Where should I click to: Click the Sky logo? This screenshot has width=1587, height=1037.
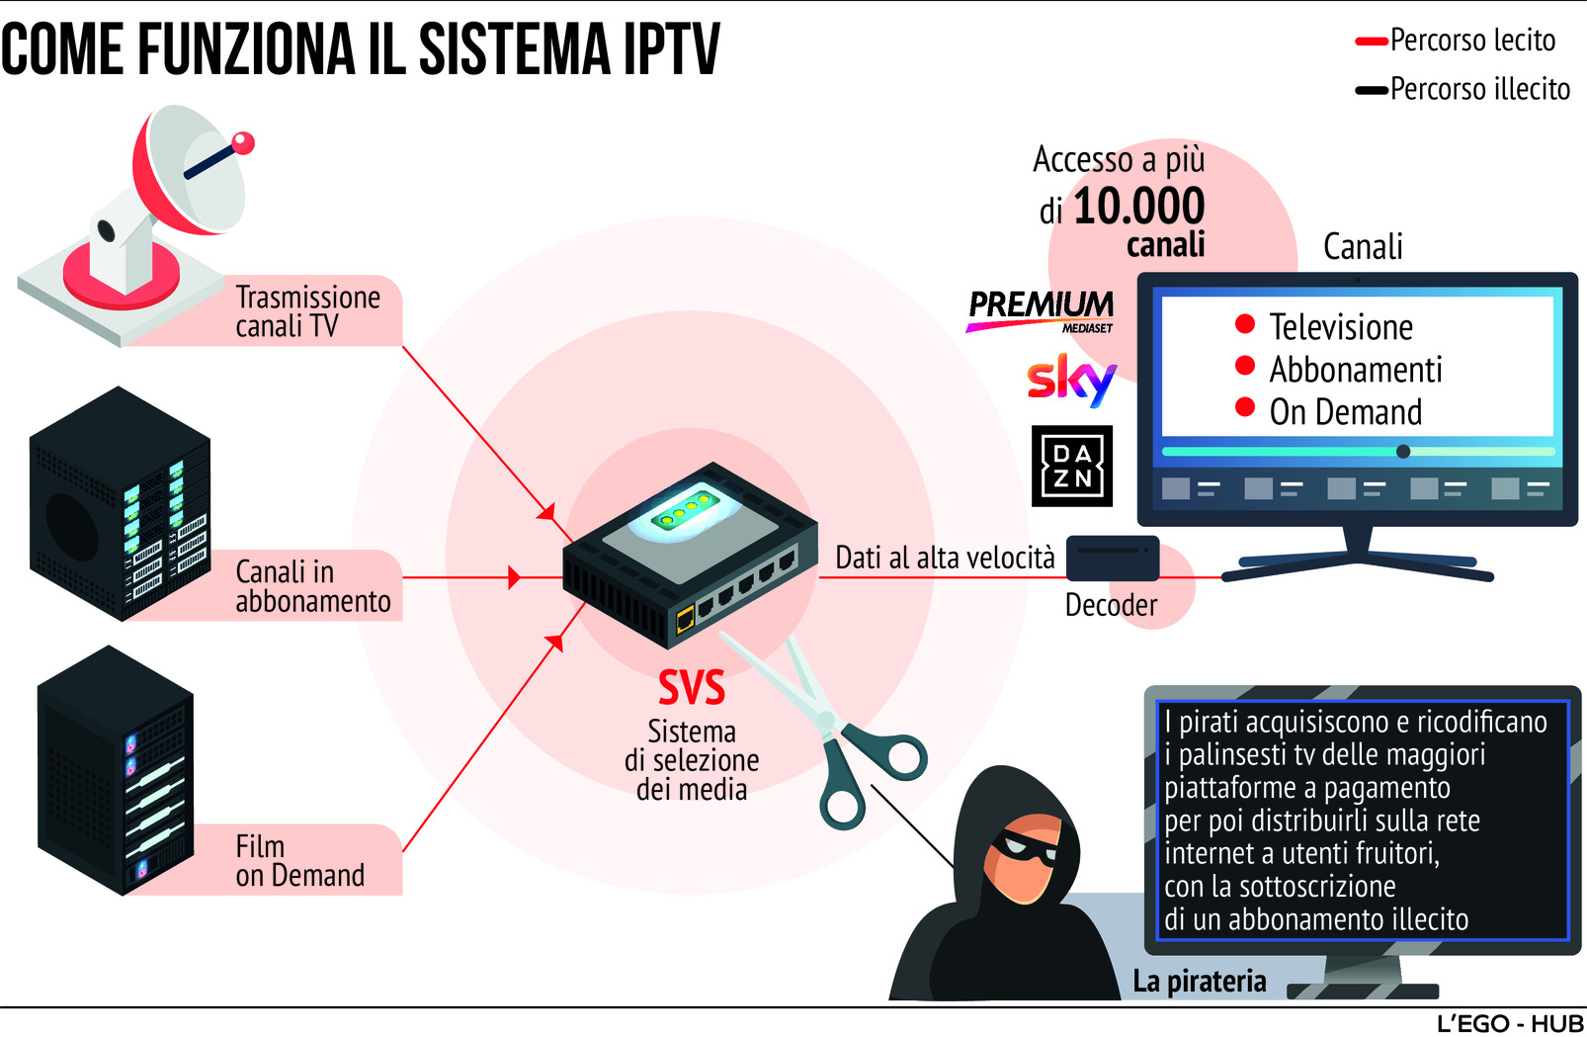tap(1071, 381)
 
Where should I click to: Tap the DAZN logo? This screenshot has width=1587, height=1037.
tap(1072, 467)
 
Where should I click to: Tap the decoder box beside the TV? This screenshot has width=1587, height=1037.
tap(1112, 559)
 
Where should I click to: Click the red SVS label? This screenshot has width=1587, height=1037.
tap(692, 688)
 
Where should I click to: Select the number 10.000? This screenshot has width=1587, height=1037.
tap(1138, 207)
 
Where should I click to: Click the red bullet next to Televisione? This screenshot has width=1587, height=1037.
tap(1245, 323)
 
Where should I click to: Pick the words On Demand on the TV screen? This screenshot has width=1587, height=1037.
tap(1345, 412)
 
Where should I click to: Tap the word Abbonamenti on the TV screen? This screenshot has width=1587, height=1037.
tap(1356, 370)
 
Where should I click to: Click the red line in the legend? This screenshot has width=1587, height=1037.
tap(1371, 42)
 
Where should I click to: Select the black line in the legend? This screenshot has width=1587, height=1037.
tap(1371, 90)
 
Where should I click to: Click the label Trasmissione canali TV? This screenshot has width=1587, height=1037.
tap(307, 311)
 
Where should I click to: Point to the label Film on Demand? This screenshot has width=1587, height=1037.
tap(299, 861)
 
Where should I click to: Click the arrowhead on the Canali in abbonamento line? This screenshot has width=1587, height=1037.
tap(513, 577)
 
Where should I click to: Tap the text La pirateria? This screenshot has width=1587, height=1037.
tap(1199, 981)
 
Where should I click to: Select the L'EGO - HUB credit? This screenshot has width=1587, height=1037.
tap(1510, 1024)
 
